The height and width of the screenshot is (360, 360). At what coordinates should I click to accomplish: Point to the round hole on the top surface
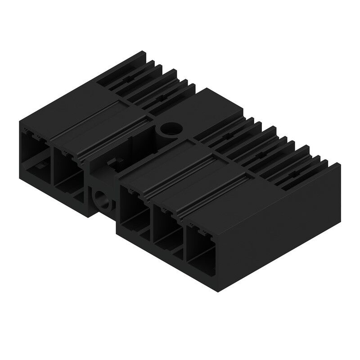tap(170, 129)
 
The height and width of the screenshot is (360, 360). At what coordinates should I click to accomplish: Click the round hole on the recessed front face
tap(100, 198)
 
